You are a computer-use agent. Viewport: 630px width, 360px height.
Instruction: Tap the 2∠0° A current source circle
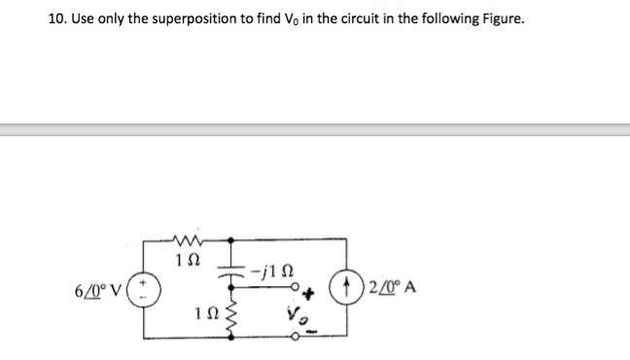pyautogui.click(x=346, y=289)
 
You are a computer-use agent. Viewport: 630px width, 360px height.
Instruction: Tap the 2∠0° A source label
pyautogui.click(x=388, y=289)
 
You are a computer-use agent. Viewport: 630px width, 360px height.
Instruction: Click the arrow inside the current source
pyautogui.click(x=346, y=289)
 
